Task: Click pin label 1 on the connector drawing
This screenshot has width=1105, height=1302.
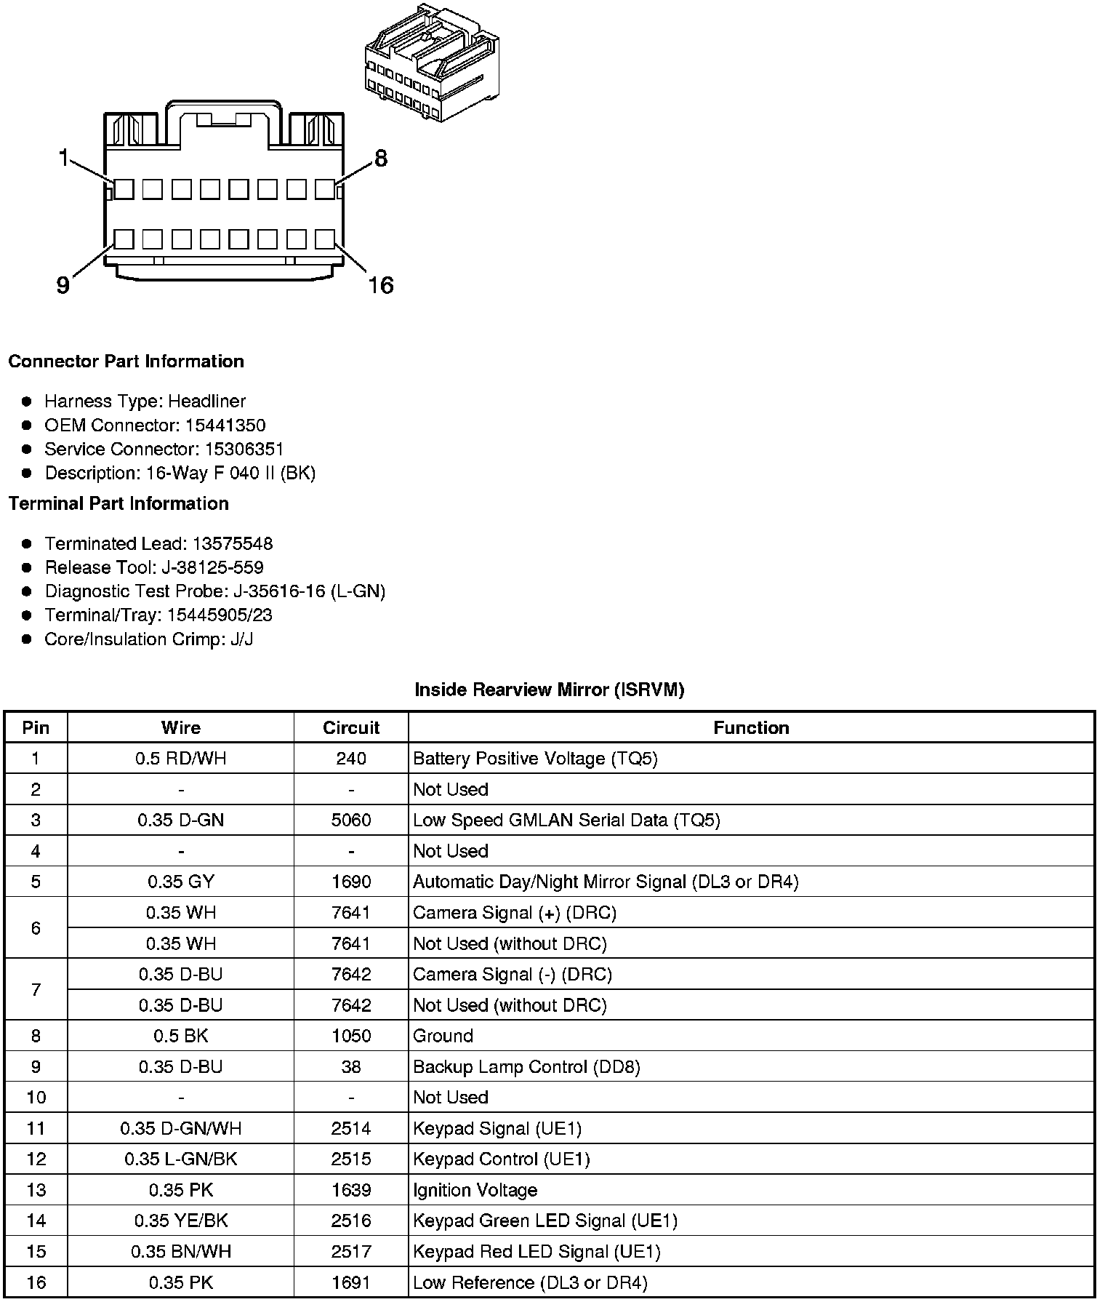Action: [64, 158]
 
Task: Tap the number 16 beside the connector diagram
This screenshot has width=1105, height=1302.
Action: [380, 285]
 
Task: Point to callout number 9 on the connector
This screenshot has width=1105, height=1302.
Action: [63, 286]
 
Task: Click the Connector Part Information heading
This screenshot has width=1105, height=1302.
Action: [126, 362]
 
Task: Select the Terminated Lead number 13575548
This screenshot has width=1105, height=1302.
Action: [233, 543]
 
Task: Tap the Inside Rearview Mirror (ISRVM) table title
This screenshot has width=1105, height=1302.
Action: [549, 690]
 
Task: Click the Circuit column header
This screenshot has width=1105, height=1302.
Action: [351, 727]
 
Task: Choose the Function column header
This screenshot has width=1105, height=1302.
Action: [751, 727]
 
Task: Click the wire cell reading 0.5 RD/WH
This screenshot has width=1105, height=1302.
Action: [180, 759]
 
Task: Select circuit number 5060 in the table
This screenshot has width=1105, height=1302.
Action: [351, 820]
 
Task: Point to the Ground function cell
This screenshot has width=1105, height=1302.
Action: [443, 1036]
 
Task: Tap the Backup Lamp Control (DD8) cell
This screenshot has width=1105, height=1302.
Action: [526, 1067]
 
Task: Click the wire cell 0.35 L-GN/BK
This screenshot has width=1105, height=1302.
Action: [180, 1159]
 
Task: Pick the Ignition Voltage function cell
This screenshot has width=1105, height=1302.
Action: [475, 1190]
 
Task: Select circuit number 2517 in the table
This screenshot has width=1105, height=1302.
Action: [351, 1252]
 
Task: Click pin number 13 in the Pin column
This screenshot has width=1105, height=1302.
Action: [36, 1190]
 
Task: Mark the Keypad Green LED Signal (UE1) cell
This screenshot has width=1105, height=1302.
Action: [545, 1221]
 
